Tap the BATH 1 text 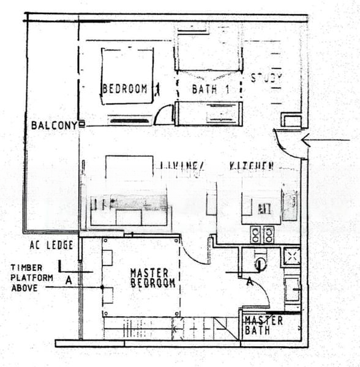click(x=210, y=89)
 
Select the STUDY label click(x=267, y=78)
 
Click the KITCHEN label click(x=252, y=166)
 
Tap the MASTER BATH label click(x=263, y=325)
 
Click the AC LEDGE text click(x=51, y=245)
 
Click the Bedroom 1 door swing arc click(x=164, y=116)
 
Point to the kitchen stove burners click(x=261, y=234)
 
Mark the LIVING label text click(x=181, y=166)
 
